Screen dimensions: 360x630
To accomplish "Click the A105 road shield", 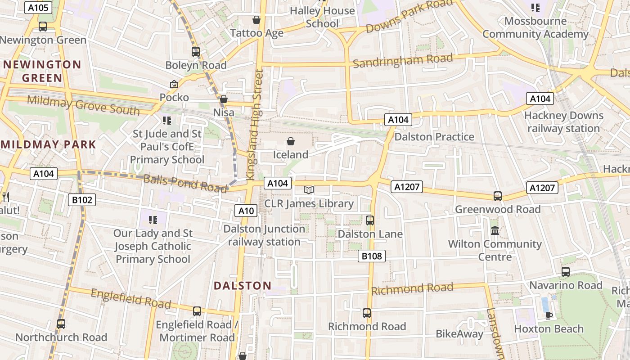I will tap(39, 7).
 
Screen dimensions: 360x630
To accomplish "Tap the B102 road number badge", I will tap(82, 199).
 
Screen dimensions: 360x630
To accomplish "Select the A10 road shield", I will tap(246, 210).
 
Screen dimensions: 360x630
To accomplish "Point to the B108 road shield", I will tap(372, 256).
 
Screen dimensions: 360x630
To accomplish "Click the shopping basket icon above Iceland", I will tap(291, 142).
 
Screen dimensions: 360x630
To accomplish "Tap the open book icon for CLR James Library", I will tap(308, 190).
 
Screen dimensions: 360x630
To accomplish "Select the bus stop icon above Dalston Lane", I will tap(370, 220).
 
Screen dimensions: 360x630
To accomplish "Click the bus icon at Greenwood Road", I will tap(497, 196).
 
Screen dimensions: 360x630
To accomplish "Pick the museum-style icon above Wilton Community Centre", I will tap(495, 230).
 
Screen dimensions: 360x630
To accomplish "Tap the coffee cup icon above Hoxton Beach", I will tap(549, 315).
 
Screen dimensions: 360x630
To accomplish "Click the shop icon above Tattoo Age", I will tap(256, 20).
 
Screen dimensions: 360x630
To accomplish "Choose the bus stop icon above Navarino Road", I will tap(566, 272).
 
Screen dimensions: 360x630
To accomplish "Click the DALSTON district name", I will tap(243, 286).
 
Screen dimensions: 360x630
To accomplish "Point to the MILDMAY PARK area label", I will tap(49, 144).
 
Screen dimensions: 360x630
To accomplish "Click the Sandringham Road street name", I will tap(402, 60).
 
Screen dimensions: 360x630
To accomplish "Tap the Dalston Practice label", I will tap(434, 137).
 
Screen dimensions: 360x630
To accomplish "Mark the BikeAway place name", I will tap(459, 334).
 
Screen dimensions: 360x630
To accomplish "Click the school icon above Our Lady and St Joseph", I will tap(153, 220).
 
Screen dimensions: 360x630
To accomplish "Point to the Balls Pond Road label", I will tap(185, 183).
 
